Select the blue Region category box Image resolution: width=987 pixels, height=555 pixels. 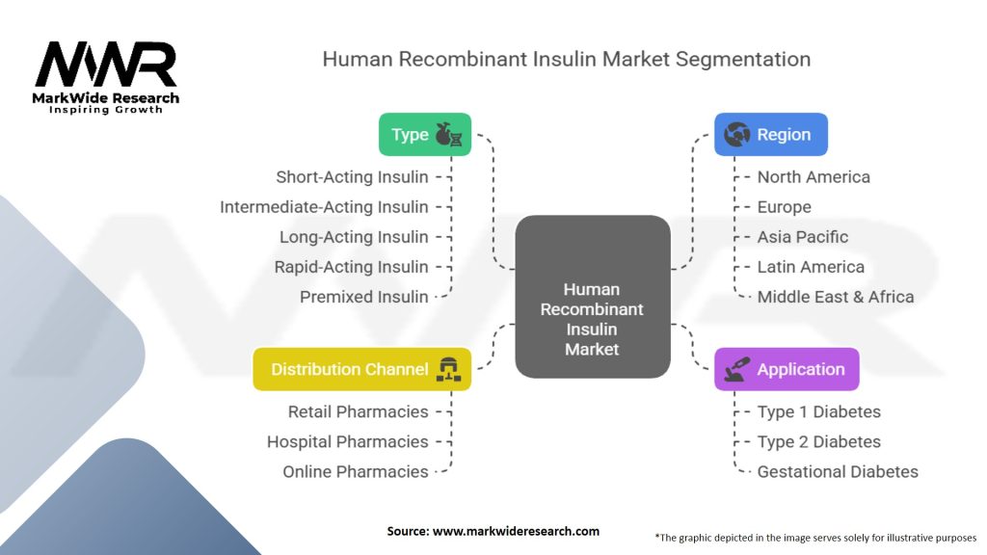pos(770,135)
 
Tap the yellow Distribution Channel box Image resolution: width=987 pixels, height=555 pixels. pos(362,369)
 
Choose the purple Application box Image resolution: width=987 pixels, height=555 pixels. pos(786,369)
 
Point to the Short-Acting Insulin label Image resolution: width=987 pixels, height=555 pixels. pos(352,177)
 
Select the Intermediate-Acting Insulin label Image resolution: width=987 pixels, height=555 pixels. pos(324,207)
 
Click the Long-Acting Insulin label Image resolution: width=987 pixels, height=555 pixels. pos(354,237)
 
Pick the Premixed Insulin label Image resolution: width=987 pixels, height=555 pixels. pos(363,297)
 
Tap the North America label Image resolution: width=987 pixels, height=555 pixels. pos(814,177)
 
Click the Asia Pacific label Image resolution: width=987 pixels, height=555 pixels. pos(803,237)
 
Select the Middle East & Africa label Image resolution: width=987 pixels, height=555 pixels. pos(835,297)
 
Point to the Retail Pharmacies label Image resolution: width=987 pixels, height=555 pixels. pos(358,411)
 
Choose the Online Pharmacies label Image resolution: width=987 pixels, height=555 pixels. pos(355,471)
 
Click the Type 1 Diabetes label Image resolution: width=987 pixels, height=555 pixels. pos(818,411)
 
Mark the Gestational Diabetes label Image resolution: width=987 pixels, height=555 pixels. pos(837,471)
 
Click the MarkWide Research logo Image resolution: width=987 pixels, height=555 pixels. pos(106,77)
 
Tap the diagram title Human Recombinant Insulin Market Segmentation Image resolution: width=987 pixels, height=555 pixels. pos(566,59)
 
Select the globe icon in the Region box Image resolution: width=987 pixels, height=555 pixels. pos(737,135)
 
